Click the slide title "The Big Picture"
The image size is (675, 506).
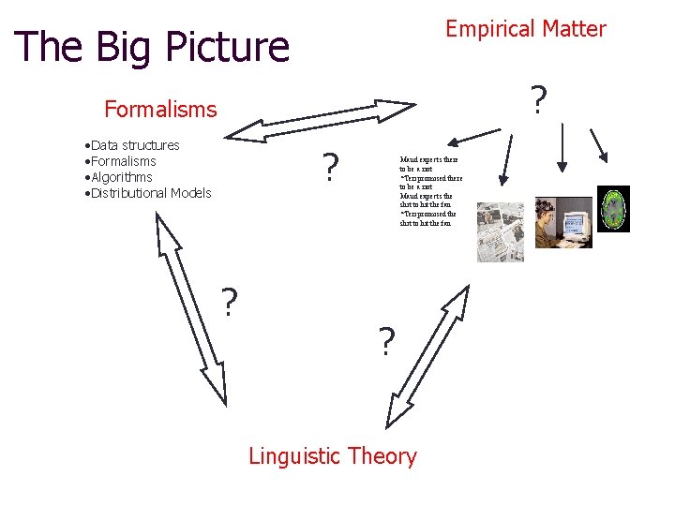152,47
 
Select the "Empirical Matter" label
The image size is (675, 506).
525,29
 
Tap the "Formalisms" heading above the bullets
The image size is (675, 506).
160,110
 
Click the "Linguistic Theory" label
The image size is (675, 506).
332,456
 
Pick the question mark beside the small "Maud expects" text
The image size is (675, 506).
329,169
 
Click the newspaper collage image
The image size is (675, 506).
500,231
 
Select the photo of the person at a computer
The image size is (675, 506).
562,222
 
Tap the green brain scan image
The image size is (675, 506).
613,208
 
